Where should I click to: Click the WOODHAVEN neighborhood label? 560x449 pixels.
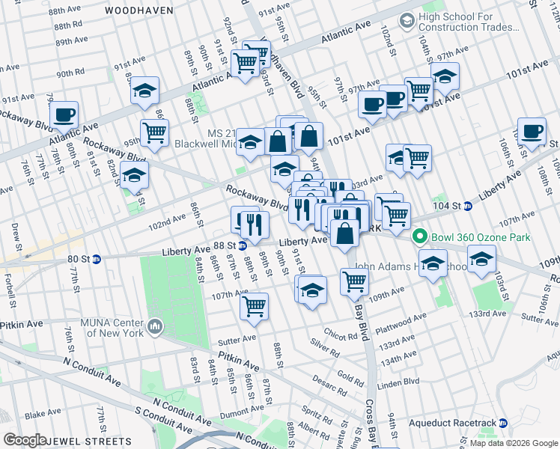pos(139,10)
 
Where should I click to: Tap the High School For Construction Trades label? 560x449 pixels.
pos(469,22)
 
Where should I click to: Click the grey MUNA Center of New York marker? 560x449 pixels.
pos(155,326)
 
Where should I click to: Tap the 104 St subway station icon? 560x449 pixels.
pos(467,206)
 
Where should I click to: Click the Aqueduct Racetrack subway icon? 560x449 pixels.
pos(503,423)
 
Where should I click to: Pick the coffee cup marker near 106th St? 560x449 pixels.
pos(532,131)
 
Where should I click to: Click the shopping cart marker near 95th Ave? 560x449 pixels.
pos(154,133)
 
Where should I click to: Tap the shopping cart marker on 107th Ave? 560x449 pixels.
pos(254,305)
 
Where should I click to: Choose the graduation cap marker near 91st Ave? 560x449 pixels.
pos(144,91)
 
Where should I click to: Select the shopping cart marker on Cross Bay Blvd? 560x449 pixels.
pos(354,281)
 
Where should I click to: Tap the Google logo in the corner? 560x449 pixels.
pos(25,439)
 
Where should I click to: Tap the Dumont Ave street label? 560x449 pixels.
pos(241,411)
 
